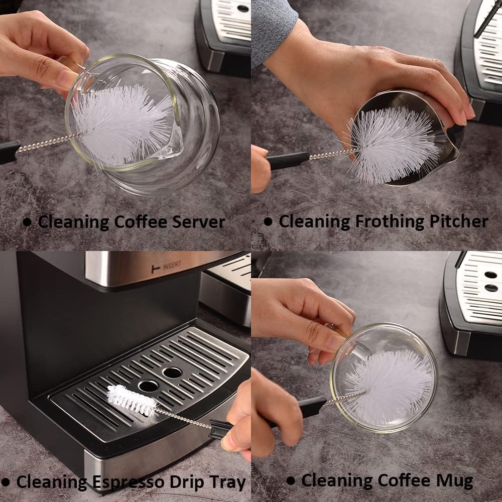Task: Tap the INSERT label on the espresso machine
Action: pos(171,267)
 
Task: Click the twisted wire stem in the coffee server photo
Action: pos(48,143)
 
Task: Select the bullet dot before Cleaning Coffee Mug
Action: pos(290,481)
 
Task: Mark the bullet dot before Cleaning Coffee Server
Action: pos(27,221)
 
